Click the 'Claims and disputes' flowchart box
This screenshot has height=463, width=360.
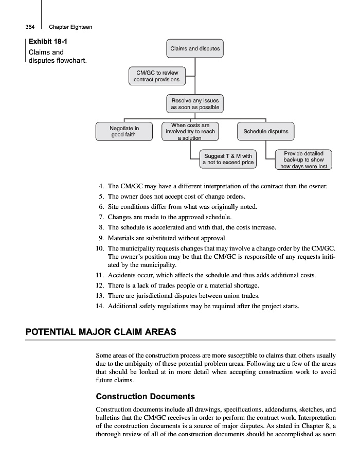tap(195, 49)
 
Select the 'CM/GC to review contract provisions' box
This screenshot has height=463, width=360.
tap(157, 76)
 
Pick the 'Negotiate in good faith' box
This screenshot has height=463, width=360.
tap(124, 131)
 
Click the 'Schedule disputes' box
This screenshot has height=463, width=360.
tap(265, 131)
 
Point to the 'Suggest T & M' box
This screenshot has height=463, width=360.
tap(228, 159)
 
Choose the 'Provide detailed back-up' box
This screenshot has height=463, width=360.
tap(303, 159)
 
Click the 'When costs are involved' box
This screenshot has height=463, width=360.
tap(190, 131)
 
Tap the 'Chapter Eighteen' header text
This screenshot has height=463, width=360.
tap(70, 27)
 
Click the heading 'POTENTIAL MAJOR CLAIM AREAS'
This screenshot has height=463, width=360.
tap(101, 332)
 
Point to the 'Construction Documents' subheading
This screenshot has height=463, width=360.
tap(146, 397)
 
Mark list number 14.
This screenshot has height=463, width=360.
tap(100, 306)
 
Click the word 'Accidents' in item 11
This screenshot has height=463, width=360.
tap(122, 275)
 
